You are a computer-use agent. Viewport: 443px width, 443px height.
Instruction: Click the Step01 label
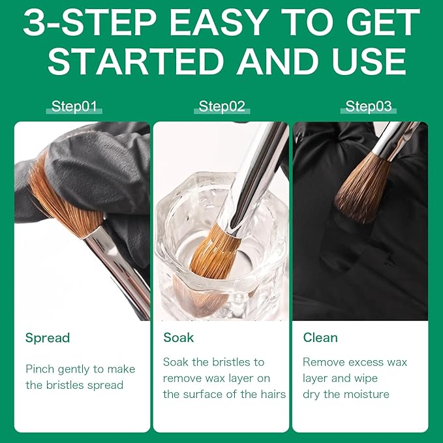[x=75, y=107]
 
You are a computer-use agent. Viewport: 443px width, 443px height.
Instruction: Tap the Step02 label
[x=222, y=107]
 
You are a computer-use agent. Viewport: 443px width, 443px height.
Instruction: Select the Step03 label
[x=369, y=107]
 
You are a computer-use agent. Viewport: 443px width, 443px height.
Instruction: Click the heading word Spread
[x=47, y=337]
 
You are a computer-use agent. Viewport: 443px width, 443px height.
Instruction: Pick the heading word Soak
[x=179, y=337]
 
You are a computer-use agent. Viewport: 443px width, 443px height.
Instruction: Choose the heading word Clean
[x=320, y=337]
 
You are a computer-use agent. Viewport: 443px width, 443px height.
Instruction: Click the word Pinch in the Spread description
[x=40, y=369]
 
